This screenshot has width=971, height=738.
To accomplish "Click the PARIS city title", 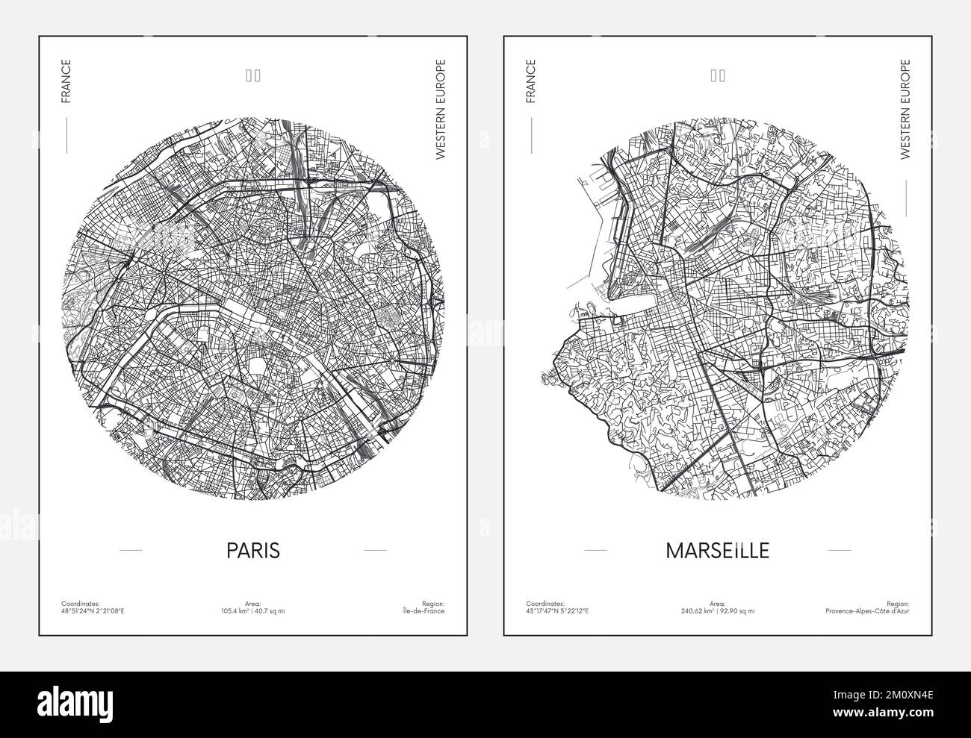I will coord(253,550).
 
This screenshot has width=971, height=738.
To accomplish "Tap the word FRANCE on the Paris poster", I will coord(66,81).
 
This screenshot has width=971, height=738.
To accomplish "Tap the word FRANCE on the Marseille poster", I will coord(530,81).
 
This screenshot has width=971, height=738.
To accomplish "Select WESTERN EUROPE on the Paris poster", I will coord(440,110).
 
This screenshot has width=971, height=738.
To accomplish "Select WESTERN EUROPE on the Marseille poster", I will coord(905,110).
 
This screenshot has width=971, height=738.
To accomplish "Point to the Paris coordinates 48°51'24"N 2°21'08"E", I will coord(93,611).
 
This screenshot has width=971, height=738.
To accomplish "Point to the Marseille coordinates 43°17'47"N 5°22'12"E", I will coord(557,611).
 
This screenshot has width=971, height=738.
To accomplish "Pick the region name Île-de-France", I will coord(424,611).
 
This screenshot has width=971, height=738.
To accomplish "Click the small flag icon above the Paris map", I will coord(253,75).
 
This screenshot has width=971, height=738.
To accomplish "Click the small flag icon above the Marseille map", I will coord(718,75).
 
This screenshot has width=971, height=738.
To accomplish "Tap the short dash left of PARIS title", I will coord(131,550).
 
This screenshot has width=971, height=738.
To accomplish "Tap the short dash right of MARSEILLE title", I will coord(840,550).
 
